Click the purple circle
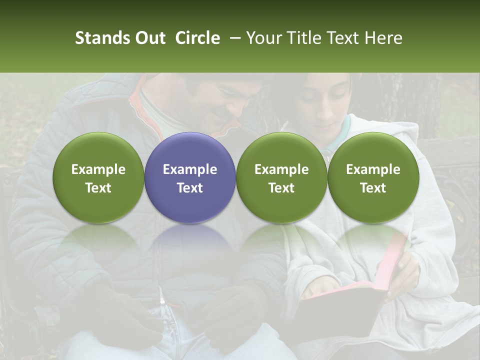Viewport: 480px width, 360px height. [x=190, y=177]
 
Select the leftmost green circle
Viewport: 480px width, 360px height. [x=98, y=177]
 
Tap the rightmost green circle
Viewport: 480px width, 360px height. [x=373, y=177]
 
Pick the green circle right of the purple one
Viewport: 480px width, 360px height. [x=281, y=177]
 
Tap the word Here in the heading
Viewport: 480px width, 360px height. [x=383, y=38]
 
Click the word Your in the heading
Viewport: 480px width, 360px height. [x=264, y=38]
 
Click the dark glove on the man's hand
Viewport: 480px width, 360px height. [x=235, y=310]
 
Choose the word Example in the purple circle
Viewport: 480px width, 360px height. [x=190, y=169]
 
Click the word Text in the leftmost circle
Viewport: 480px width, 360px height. [x=98, y=187]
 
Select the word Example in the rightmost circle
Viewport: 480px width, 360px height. [x=373, y=169]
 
